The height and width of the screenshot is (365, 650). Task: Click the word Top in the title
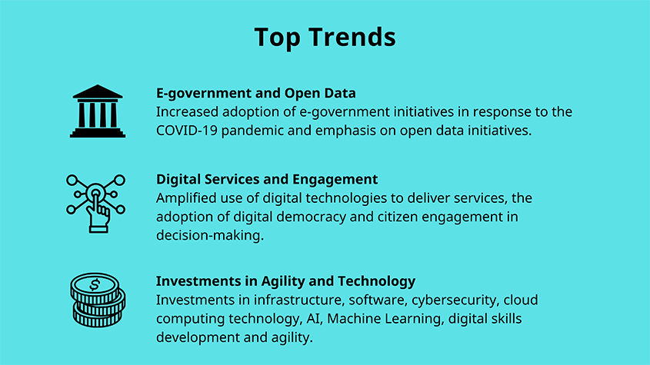pos(277,38)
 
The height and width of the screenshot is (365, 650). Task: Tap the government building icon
pos(98,111)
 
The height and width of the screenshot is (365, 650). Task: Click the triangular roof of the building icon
pos(98,91)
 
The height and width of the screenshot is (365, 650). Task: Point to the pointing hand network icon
pos(95,204)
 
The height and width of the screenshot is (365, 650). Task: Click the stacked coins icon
pos(98,300)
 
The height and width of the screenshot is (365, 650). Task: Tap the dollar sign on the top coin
pos(95,284)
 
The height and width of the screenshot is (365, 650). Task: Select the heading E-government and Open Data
pos(256,93)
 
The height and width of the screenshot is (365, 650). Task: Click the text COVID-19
pos(187,131)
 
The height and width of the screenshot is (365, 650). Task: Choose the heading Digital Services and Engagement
pos(267,179)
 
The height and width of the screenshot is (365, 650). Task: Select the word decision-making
pos(210,236)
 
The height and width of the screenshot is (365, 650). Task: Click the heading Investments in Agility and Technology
pos(285,281)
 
